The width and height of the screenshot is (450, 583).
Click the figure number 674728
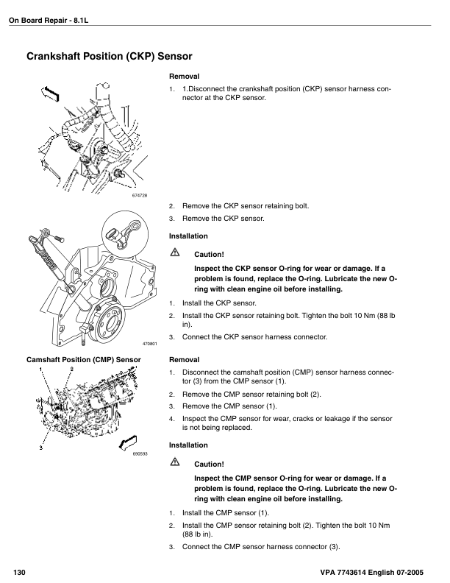tap(140, 195)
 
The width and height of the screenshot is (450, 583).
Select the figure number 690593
tap(140, 454)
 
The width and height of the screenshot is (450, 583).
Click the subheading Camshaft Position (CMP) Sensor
tap(84, 360)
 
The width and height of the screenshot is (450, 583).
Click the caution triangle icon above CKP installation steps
tap(175, 253)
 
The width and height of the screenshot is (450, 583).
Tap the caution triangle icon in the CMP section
tap(175, 462)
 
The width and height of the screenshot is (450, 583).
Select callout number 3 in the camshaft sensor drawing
tap(40, 448)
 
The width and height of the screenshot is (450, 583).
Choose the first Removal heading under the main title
tap(185, 77)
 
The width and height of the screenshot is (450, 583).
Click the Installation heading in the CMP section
tap(188, 445)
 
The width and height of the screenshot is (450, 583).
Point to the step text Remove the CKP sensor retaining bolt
tap(246, 206)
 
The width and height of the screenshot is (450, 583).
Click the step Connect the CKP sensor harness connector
tap(254, 337)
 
